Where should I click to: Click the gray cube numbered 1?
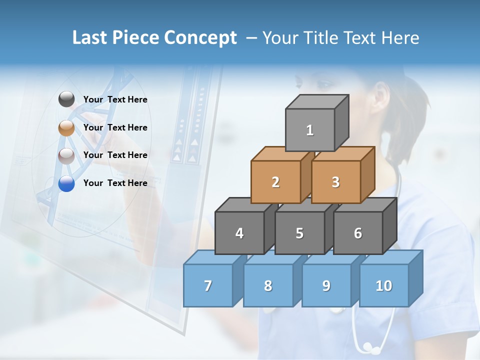310,130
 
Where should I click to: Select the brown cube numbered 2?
275,182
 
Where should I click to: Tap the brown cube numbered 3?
335,182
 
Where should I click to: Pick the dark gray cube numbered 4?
239,233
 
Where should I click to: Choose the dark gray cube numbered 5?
299,233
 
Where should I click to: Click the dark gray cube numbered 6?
358,233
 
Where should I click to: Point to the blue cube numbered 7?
208,285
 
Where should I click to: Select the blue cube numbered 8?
268,285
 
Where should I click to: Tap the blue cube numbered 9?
326,285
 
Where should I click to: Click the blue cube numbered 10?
384,285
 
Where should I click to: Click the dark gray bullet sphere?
66,99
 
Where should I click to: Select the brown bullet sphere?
66,128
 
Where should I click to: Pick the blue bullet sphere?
66,183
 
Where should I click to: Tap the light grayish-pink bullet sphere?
66,155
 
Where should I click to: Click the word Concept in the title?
200,38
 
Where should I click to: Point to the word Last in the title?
90,38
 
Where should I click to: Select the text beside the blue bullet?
115,183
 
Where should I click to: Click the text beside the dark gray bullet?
115,99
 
